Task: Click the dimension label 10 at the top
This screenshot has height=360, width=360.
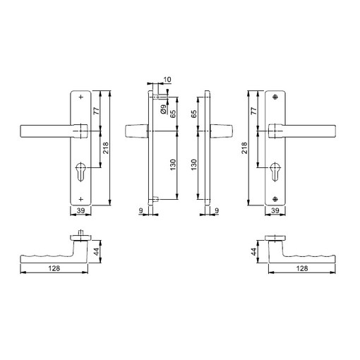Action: (x=167, y=80)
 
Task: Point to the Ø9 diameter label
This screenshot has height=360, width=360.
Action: (x=163, y=109)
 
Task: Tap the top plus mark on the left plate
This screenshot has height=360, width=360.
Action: (x=81, y=97)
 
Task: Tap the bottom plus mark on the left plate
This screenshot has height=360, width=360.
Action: (x=81, y=199)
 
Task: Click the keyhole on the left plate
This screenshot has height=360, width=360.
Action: (x=80, y=172)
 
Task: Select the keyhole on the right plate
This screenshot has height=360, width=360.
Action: (x=275, y=172)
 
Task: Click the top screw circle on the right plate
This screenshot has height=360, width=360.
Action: (x=275, y=97)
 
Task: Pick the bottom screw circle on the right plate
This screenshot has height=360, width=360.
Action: (x=275, y=199)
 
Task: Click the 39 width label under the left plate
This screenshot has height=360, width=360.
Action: (x=80, y=210)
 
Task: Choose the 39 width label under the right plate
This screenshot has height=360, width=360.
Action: (x=275, y=210)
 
